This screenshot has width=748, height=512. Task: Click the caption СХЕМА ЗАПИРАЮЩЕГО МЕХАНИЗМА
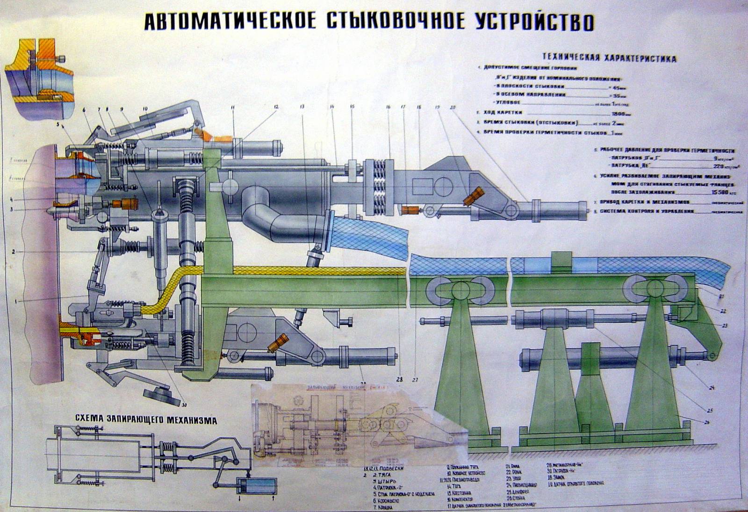[x=146, y=420]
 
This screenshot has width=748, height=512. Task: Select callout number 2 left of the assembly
[x=14, y=252]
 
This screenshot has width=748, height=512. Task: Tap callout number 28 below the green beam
[x=399, y=378]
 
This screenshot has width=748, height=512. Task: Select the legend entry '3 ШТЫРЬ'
[x=385, y=481]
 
